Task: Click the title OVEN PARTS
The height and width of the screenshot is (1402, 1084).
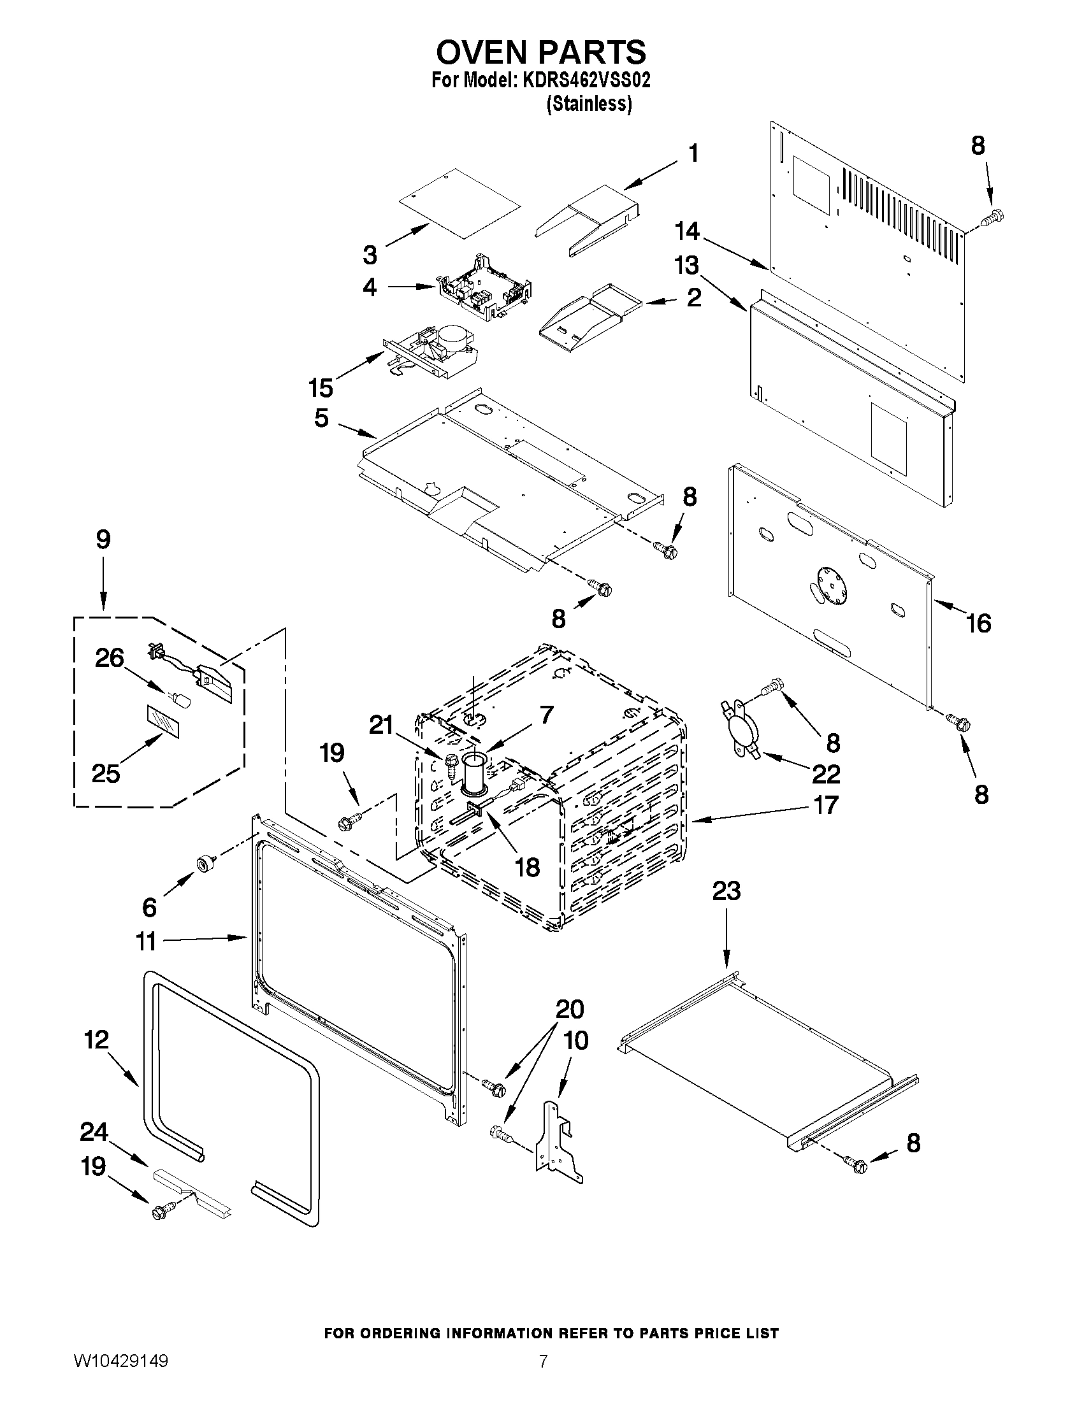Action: [x=541, y=52]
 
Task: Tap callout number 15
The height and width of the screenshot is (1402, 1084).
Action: [x=320, y=388]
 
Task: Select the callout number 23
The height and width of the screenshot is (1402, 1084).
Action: [x=726, y=891]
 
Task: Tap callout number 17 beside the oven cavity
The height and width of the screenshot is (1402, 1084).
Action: [x=826, y=805]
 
